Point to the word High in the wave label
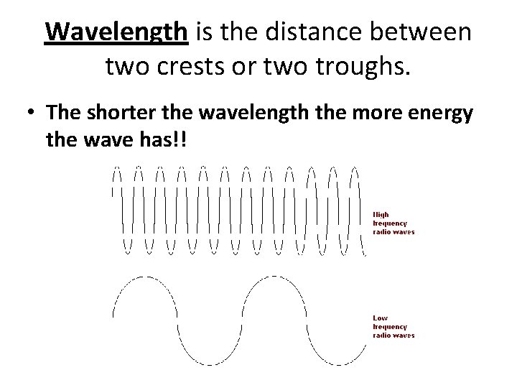[x=381, y=214]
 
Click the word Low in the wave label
[x=380, y=318]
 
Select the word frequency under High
[x=389, y=223]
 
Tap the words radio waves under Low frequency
[x=393, y=335]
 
